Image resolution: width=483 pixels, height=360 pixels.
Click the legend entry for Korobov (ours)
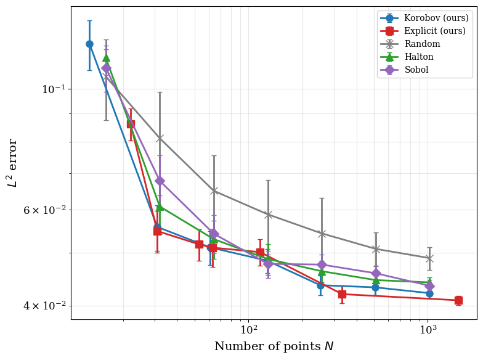pyautogui.click(x=436, y=18)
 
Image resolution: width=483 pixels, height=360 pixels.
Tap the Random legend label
pyautogui.click(x=422, y=44)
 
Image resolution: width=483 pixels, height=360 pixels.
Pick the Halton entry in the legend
pyautogui.click(x=419, y=57)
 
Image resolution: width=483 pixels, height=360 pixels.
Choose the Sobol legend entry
pyautogui.click(x=416, y=70)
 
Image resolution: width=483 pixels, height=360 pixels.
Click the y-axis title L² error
pyautogui.click(x=12, y=163)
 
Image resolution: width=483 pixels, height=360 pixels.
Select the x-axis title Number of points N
pyautogui.click(x=274, y=346)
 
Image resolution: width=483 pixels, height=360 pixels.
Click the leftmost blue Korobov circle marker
pyautogui.click(x=89, y=44)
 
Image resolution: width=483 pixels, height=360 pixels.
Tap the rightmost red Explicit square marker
pyautogui.click(x=458, y=300)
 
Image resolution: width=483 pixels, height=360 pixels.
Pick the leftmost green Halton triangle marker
pyautogui.click(x=106, y=58)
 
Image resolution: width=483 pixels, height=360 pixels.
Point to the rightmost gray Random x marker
pyautogui.click(x=429, y=258)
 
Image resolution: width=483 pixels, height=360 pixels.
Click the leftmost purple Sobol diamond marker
pyautogui.click(x=106, y=68)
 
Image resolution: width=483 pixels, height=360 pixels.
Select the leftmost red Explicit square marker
pyautogui.click(x=131, y=124)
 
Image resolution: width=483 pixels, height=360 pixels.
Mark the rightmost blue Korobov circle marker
pyautogui.click(x=429, y=293)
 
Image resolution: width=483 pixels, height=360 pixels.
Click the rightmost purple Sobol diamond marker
pyautogui.click(x=429, y=286)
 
